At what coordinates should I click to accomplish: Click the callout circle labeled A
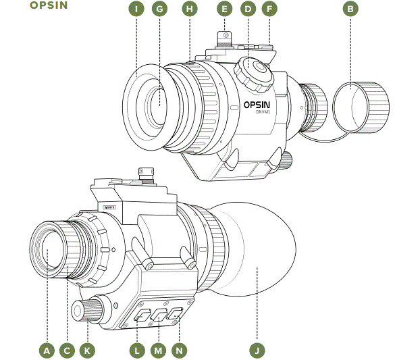(x=47, y=351)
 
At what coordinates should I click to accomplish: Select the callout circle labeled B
(x=350, y=9)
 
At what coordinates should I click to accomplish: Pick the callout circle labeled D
(x=248, y=9)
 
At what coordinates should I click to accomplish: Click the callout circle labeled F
(x=269, y=9)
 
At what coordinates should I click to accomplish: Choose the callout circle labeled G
(x=159, y=9)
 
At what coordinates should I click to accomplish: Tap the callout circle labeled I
(x=137, y=9)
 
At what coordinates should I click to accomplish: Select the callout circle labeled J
(x=257, y=351)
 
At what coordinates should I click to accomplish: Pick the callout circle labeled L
(x=137, y=351)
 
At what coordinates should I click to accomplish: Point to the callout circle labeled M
(x=159, y=351)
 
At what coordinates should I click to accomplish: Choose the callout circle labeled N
(x=179, y=351)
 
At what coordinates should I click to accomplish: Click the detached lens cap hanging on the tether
(x=364, y=107)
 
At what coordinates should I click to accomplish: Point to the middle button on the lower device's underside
(x=159, y=314)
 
